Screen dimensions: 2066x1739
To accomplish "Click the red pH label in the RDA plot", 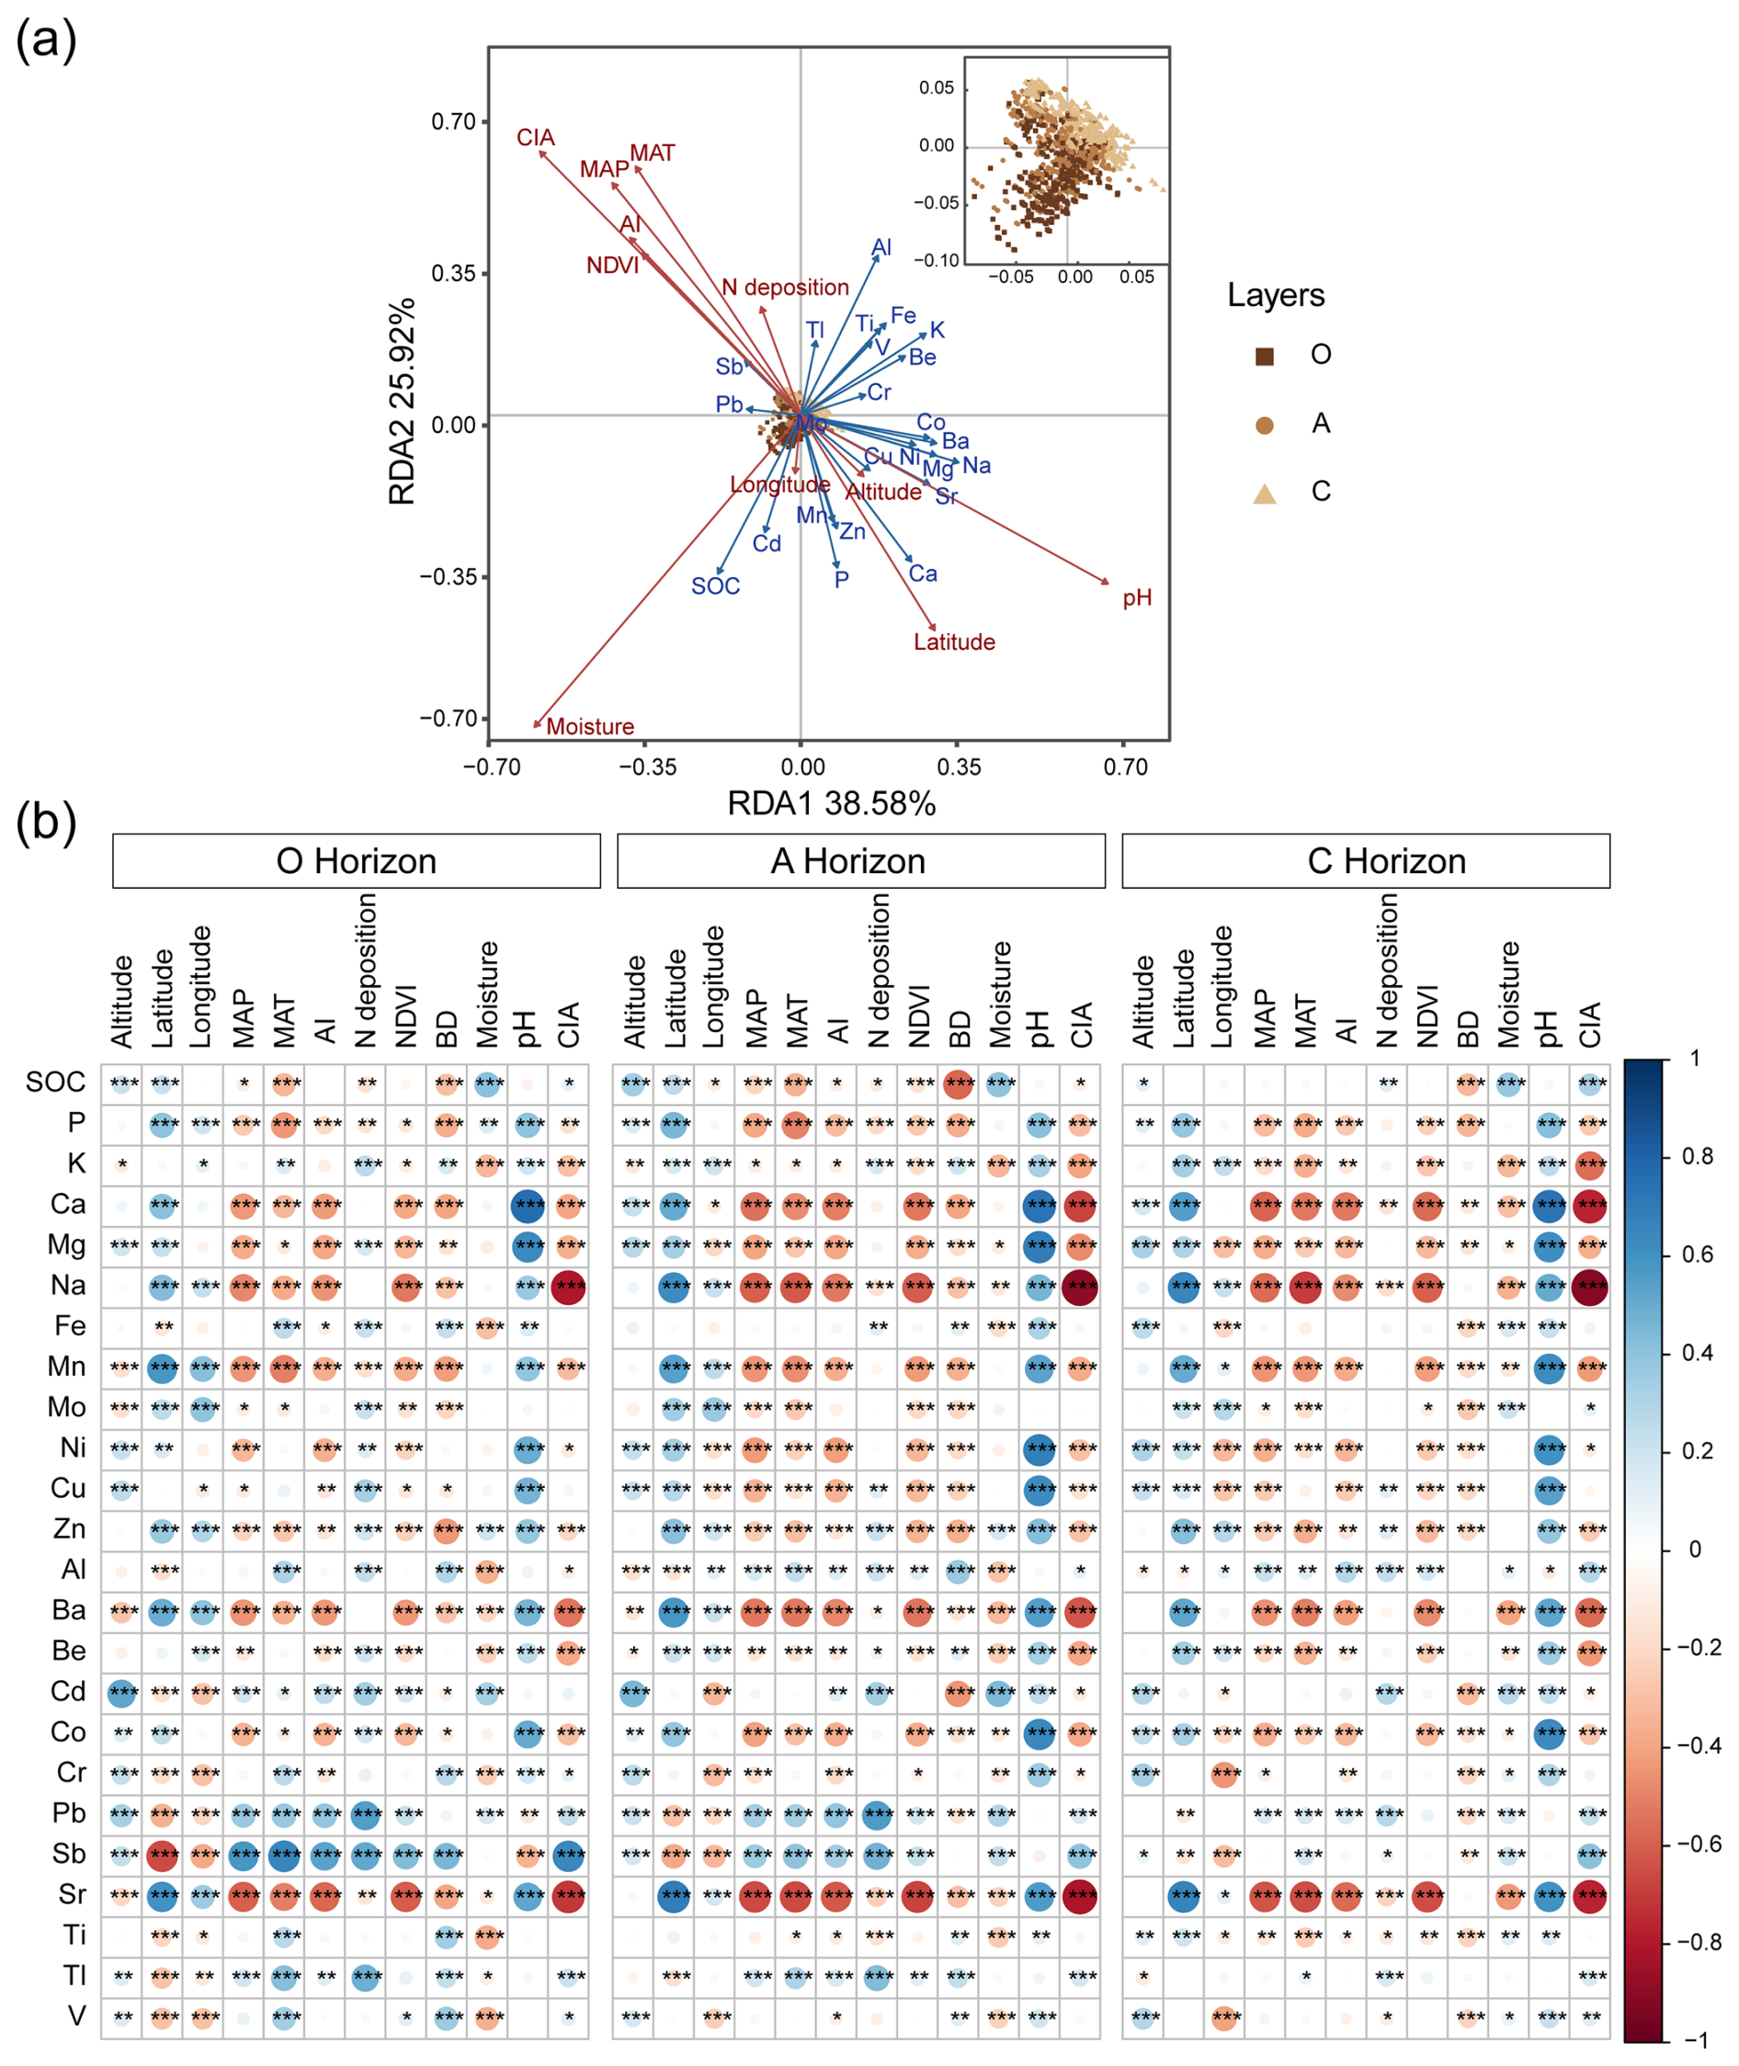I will point(1137,598).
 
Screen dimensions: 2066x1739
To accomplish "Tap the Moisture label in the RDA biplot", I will point(589,726).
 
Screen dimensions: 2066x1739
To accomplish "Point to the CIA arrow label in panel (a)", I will point(535,137).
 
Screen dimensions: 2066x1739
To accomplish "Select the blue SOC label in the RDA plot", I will point(715,586).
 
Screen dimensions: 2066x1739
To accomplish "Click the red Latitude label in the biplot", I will point(953,642).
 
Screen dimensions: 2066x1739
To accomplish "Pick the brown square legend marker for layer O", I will point(1264,356).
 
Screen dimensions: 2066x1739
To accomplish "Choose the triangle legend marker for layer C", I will point(1264,493).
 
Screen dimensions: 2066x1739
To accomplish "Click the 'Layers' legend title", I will point(1275,295).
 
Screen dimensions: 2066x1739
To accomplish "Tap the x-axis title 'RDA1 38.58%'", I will point(831,803).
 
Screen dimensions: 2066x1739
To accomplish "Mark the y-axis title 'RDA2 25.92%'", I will point(403,402).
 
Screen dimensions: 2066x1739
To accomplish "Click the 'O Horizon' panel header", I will point(356,860).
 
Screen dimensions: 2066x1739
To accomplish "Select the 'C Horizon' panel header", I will point(1365,860).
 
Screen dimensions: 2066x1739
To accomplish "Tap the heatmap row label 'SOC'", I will point(55,1083).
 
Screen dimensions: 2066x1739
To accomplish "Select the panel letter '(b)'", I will point(45,821).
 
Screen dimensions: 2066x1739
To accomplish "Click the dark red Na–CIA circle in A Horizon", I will point(1081,1287).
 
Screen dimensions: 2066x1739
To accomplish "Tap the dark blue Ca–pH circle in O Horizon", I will point(529,1205).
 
